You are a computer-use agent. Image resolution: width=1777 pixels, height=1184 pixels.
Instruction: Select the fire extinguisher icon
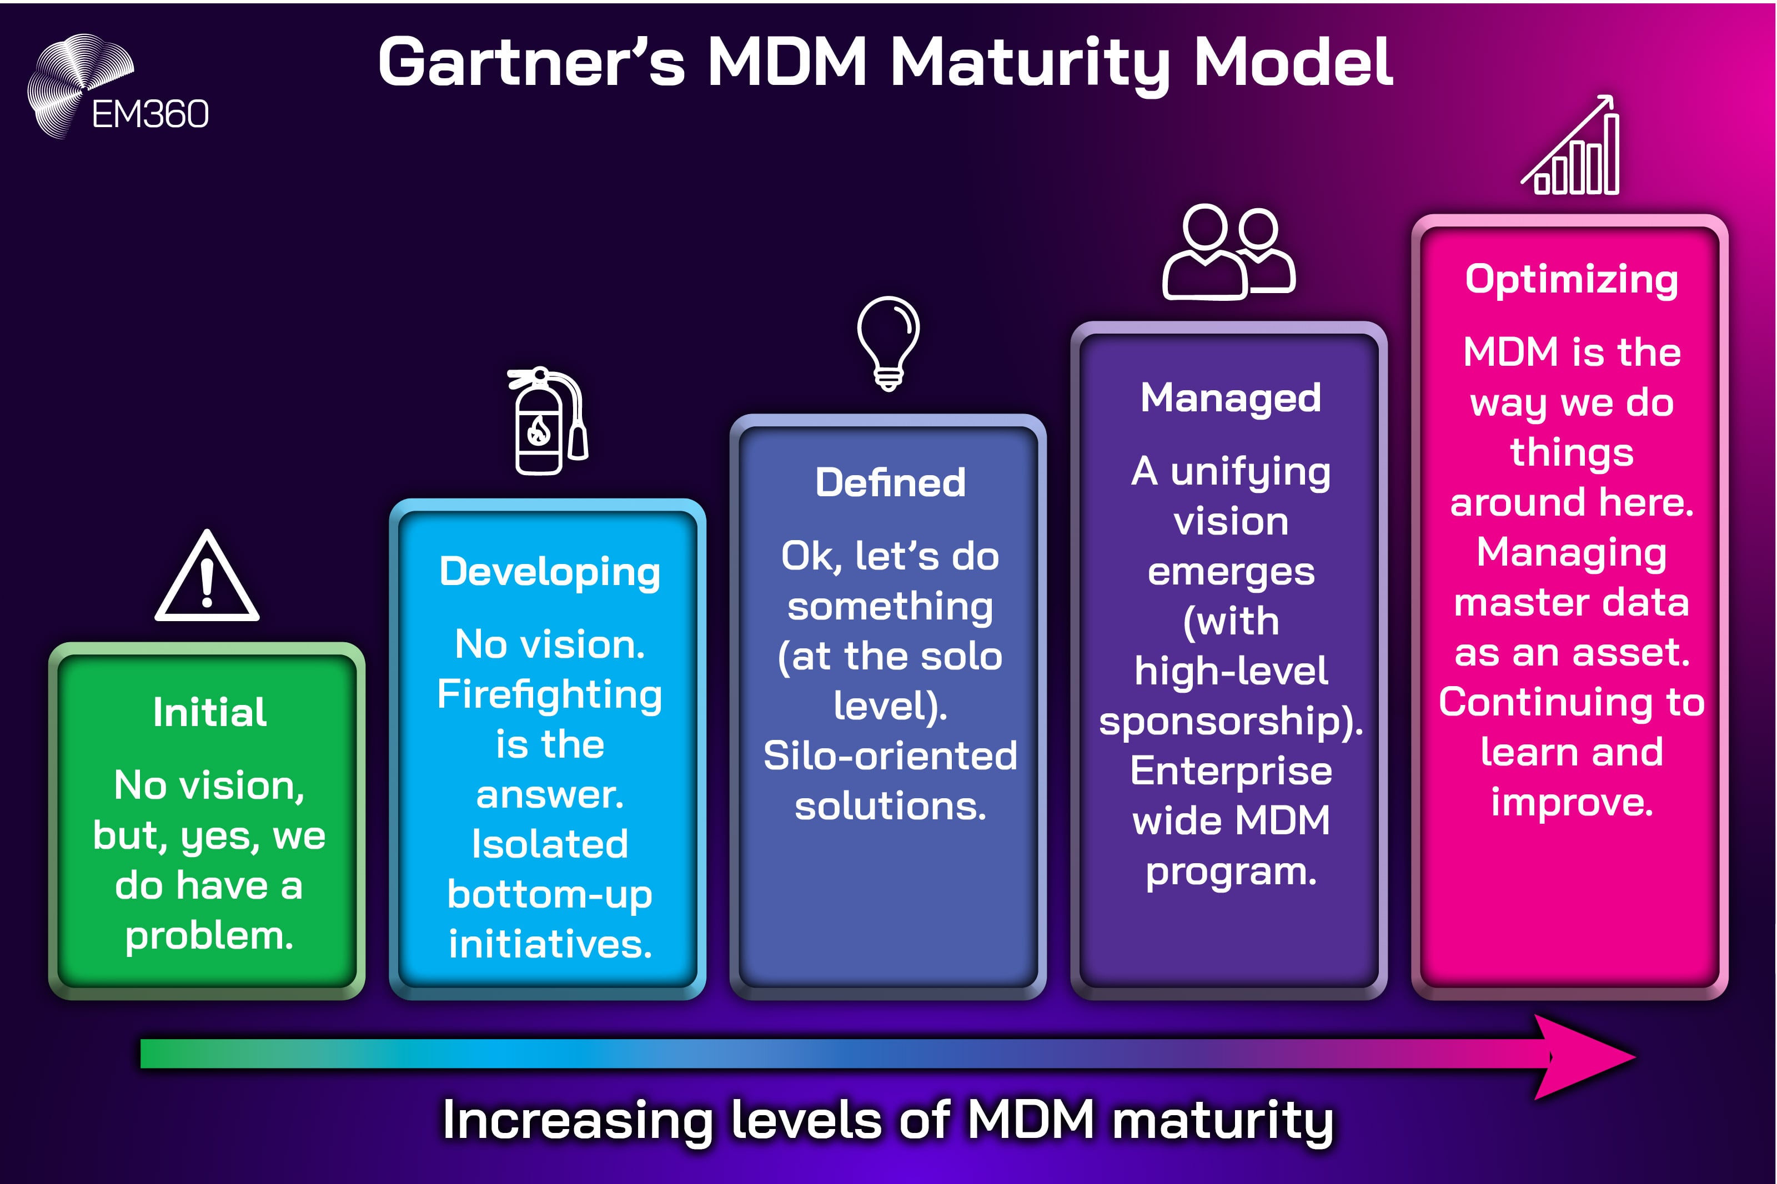coord(547,421)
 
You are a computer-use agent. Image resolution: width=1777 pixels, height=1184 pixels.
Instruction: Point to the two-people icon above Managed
coord(1228,253)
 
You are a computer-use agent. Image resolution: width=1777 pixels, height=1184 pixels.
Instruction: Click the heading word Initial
coord(209,712)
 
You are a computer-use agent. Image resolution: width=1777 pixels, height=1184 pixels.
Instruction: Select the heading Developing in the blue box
coord(549,572)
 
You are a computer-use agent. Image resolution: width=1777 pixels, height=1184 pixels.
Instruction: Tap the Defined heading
coord(890,482)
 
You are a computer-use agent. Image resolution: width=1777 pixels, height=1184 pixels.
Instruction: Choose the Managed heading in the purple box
coord(1230,398)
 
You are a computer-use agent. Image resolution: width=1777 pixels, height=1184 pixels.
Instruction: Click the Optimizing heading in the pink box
coord(1571,279)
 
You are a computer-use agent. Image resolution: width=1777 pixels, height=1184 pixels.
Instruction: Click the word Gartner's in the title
coord(531,63)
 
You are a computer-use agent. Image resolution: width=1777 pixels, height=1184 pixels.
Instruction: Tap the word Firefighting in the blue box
coord(549,696)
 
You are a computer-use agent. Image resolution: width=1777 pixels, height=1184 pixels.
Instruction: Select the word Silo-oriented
coord(890,756)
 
